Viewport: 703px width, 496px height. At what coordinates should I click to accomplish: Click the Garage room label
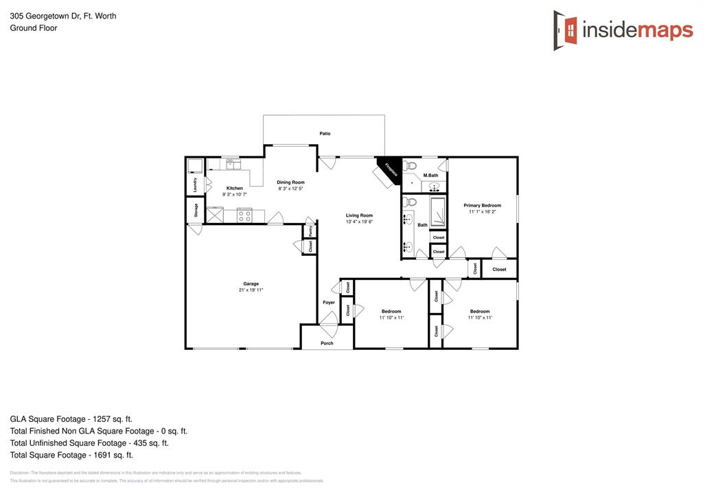pos(251,283)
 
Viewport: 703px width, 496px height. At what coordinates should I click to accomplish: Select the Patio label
pos(325,134)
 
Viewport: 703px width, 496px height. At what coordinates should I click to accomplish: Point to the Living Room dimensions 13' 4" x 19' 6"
pos(359,222)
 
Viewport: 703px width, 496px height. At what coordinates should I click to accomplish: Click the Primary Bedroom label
pos(482,205)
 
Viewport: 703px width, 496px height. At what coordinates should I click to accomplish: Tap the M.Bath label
pos(430,176)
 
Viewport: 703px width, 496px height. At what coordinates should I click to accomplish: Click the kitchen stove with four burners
pos(244,215)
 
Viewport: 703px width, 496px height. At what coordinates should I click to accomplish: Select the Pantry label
pos(310,231)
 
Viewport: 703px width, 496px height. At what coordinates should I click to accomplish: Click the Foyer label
pos(329,303)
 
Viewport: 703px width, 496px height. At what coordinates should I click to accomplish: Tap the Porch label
pos(327,343)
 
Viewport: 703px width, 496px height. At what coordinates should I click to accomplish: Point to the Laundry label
pos(196,185)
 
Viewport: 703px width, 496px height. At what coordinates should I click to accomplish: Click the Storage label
pos(196,209)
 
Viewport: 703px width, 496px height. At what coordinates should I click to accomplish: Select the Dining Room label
pos(291,182)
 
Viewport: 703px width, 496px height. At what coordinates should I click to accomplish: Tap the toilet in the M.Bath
pos(411,165)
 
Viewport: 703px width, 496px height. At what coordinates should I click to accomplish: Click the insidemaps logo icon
pos(566,30)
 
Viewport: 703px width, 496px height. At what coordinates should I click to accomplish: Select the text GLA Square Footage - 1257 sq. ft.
pos(71,418)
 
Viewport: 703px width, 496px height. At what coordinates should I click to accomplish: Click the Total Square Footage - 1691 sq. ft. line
pos(71,455)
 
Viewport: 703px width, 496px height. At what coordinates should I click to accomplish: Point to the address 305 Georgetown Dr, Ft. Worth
pos(63,16)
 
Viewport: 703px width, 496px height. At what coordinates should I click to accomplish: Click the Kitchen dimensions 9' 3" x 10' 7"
pos(235,195)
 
